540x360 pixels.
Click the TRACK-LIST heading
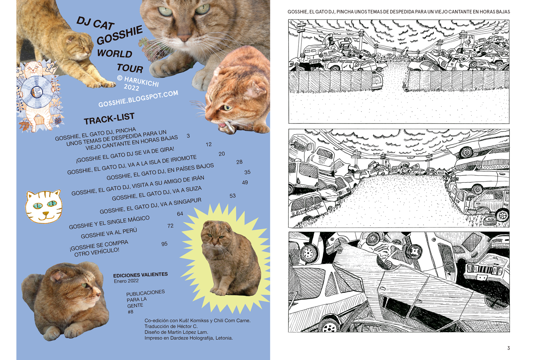point(109,118)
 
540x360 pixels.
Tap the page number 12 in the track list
point(208,144)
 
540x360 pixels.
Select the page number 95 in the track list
point(165,244)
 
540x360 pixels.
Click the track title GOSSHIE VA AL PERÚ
point(109,233)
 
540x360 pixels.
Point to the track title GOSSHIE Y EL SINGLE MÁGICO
point(109,222)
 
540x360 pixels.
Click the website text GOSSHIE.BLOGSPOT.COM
point(138,98)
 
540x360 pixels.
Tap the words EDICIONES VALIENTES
point(140,275)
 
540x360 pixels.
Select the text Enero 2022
point(126,281)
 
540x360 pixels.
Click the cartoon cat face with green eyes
point(44,206)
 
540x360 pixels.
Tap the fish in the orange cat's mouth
point(228,128)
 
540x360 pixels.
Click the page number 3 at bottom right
point(509,348)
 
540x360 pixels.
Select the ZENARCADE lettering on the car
point(306,210)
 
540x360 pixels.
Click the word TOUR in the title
point(130,68)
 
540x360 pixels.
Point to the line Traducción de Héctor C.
point(171,326)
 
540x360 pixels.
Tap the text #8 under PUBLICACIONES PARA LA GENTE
point(130,312)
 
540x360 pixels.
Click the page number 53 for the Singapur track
point(233,196)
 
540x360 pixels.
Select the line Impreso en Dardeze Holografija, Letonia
point(189,338)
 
